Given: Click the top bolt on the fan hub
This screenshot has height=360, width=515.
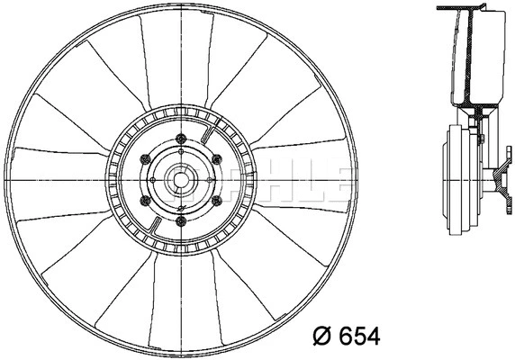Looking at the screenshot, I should tap(181, 138).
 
